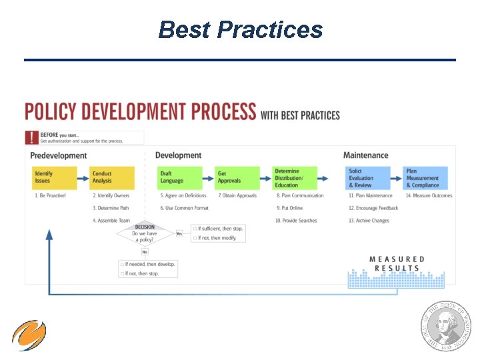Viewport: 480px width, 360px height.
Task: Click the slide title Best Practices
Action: click(x=240, y=30)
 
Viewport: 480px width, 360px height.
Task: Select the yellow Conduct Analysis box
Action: click(x=112, y=177)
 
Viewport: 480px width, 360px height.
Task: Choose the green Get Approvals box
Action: click(x=237, y=177)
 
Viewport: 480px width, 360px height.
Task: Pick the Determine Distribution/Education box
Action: click(x=295, y=178)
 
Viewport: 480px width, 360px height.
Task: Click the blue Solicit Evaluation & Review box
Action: click(x=367, y=178)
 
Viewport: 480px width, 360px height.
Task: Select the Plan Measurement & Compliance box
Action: click(x=425, y=178)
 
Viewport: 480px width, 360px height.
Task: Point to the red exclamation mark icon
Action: click(x=31, y=137)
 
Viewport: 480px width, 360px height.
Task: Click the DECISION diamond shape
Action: click(x=145, y=234)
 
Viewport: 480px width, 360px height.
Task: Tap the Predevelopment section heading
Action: click(x=59, y=155)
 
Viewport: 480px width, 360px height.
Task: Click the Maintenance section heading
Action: click(x=365, y=155)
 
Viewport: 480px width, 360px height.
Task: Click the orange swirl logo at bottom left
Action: click(x=29, y=335)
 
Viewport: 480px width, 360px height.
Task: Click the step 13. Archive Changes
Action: click(x=369, y=221)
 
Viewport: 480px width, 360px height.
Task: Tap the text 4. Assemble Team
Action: click(x=111, y=221)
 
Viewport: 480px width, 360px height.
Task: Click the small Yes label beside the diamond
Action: click(x=179, y=233)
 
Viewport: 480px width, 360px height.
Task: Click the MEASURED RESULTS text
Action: click(x=397, y=263)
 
